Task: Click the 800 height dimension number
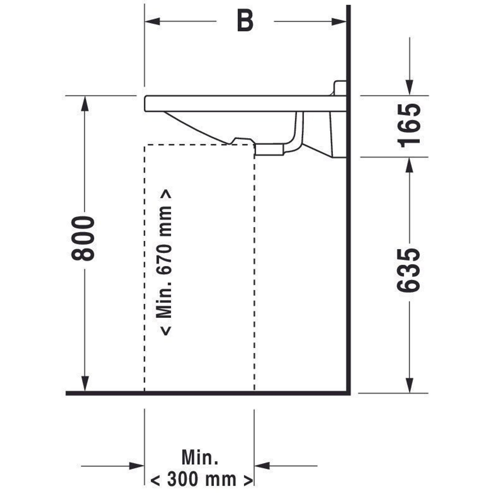click(83, 239)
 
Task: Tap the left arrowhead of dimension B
click(152, 21)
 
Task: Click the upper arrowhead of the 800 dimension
click(85, 103)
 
